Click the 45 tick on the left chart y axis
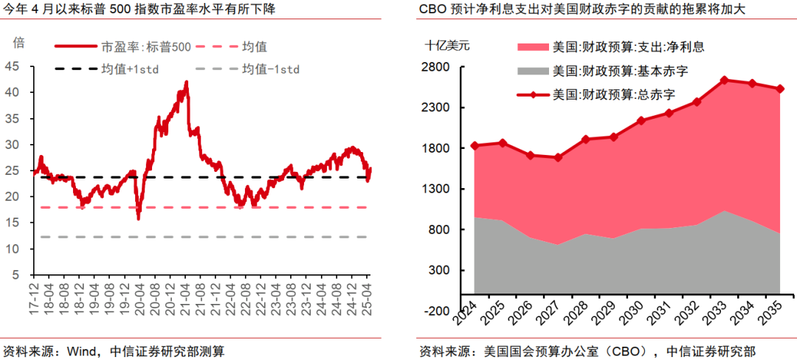point(13,66)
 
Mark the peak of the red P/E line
point(186,82)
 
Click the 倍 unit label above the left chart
point(18,42)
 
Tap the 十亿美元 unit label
point(446,44)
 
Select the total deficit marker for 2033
point(725,80)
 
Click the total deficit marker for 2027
point(558,157)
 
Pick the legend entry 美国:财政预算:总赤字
point(613,94)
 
